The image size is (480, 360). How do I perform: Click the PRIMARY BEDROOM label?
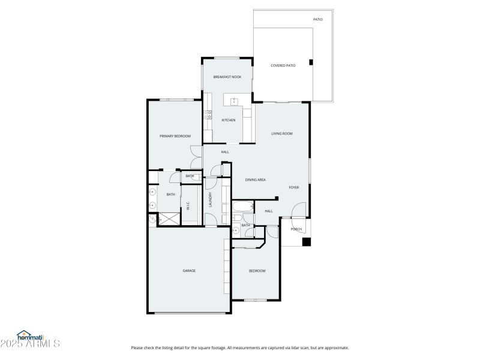[x=175, y=136]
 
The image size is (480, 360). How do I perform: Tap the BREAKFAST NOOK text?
[x=227, y=77]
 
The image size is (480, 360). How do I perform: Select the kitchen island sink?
[x=235, y=100]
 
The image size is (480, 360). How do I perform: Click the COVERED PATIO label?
[x=283, y=65]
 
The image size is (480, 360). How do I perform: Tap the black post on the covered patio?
[x=310, y=62]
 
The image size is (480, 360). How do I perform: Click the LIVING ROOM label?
[x=281, y=133]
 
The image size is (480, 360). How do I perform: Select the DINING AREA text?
[x=255, y=179]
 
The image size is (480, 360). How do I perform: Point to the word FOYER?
[x=293, y=187]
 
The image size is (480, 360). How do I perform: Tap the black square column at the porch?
[x=306, y=242]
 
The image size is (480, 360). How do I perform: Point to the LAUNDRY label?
[x=210, y=199]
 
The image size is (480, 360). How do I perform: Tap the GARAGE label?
[x=189, y=271]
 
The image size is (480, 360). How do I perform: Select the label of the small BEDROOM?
[x=257, y=271]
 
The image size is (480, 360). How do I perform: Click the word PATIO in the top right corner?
[x=318, y=20]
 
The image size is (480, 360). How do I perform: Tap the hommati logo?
[x=30, y=337]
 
